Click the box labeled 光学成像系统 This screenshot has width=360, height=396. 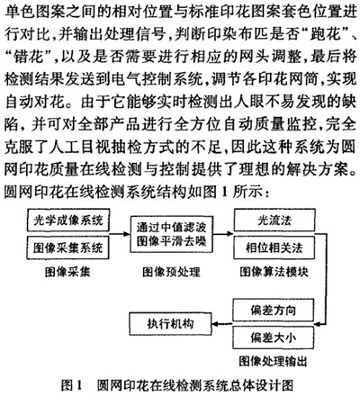tap(68, 220)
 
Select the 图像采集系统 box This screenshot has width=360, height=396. tap(68, 247)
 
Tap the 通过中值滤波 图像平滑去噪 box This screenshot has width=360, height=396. tap(172, 234)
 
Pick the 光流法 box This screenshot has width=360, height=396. tap(274, 220)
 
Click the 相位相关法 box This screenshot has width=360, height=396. tap(274, 247)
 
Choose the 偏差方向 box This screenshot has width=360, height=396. tap(274, 310)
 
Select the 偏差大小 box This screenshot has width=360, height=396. tap(274, 337)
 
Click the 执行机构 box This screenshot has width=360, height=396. tap(171, 324)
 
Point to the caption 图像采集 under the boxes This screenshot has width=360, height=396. tap(67, 272)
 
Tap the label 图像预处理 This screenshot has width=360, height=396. tap(171, 272)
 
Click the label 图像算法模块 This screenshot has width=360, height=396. tap(274, 272)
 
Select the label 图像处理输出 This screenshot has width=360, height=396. tap(274, 361)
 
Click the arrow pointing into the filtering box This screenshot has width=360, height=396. tap(120, 234)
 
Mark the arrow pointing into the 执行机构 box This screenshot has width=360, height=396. tap(222, 324)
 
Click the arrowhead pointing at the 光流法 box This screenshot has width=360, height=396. tap(229, 234)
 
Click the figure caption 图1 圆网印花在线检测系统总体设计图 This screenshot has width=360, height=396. tap(177, 385)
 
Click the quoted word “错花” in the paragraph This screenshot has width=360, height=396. tap(29, 57)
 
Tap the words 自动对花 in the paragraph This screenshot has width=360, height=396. tap(35, 102)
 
